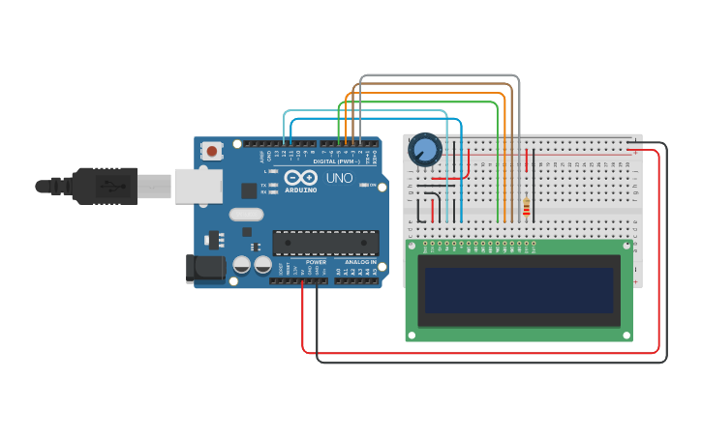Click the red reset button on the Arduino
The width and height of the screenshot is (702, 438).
pos(212,150)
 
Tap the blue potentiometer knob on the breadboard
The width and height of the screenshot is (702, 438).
pos(424,150)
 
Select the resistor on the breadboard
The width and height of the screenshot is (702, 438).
pos(526,207)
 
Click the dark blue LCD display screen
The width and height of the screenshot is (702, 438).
pos(518,290)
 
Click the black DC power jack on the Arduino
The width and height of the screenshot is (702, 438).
pos(204,269)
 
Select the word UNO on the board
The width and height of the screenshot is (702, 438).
pos(339,179)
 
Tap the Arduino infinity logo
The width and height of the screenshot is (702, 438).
pos(300,178)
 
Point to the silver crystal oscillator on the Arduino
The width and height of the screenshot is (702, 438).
pos(246,215)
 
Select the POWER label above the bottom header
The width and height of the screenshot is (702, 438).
pos(316,262)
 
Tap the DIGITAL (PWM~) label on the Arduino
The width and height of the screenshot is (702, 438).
pos(337,161)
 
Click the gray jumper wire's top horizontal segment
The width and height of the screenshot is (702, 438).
pos(436,75)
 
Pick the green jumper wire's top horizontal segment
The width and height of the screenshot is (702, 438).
pos(416,102)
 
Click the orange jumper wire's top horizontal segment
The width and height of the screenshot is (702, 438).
pos(426,93)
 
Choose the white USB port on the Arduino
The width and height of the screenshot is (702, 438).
pos(198,186)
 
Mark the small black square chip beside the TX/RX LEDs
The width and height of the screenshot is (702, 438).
pos(249,190)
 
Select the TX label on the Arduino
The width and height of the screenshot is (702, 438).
pos(263,183)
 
